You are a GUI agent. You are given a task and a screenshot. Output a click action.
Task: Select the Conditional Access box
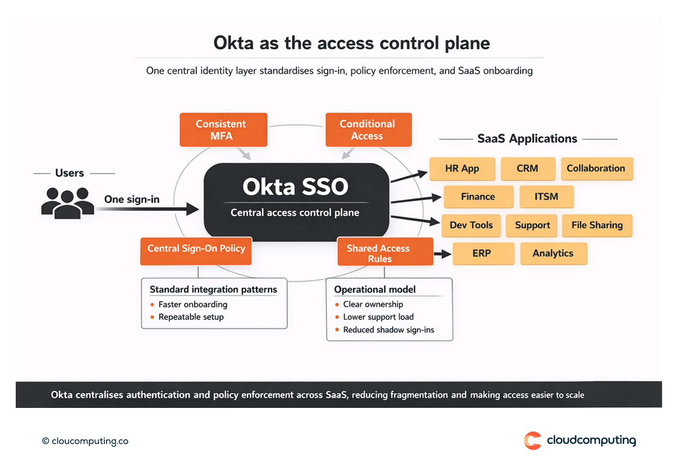tap(368, 130)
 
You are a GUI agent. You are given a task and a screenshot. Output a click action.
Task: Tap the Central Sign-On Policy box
tap(196, 251)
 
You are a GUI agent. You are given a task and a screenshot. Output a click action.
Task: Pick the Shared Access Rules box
tap(385, 252)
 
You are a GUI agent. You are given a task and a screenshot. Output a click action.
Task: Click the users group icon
tap(67, 203)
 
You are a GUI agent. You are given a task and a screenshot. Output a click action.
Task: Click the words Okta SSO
tap(296, 187)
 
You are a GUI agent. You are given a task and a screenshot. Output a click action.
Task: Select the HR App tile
tap(462, 169)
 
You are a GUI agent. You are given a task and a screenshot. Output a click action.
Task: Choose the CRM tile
tap(527, 169)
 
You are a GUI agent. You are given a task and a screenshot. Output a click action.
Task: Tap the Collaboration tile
tap(596, 169)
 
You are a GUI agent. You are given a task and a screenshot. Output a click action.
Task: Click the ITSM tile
tap(546, 197)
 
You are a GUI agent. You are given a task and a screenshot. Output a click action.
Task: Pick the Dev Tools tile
tap(472, 225)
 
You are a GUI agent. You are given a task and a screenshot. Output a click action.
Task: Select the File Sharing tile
tap(597, 225)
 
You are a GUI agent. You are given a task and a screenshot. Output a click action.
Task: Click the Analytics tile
tap(553, 254)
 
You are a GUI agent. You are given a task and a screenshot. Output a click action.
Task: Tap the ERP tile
tap(482, 254)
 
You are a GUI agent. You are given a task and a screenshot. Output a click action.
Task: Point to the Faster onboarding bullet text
tap(193, 304)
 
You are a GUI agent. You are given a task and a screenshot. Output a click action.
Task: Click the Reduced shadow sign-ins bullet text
tap(389, 330)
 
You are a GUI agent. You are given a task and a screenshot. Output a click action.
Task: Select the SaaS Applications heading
tap(527, 139)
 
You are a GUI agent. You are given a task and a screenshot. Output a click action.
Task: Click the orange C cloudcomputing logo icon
tap(533, 440)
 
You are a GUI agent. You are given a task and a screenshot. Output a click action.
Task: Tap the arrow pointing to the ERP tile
tap(443, 254)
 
